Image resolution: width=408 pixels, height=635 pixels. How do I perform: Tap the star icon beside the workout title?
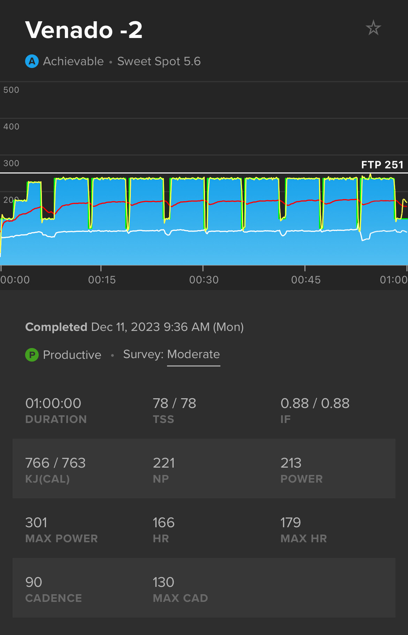(373, 28)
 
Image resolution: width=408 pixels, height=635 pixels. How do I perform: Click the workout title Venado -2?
(84, 30)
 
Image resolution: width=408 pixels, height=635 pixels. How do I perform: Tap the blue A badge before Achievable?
(32, 61)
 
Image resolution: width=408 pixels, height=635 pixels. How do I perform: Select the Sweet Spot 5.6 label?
(159, 61)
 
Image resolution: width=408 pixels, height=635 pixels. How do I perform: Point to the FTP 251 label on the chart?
(382, 165)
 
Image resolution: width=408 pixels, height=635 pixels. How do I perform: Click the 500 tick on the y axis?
(11, 90)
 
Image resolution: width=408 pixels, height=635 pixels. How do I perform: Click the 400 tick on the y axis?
(11, 127)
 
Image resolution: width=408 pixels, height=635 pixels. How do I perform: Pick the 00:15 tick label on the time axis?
(102, 280)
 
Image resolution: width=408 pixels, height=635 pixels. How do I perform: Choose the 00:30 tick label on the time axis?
(204, 280)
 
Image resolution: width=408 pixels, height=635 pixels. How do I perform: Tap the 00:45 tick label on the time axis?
(306, 280)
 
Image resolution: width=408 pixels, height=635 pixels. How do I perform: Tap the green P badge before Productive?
(32, 355)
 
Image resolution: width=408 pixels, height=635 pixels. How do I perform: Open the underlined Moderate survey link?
(194, 354)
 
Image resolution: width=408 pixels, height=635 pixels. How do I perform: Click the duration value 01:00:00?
(53, 403)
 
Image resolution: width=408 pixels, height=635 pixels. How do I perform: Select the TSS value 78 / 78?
(174, 403)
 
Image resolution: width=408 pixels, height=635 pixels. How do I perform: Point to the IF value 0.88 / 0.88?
(315, 403)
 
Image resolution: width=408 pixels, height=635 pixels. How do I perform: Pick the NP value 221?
(164, 463)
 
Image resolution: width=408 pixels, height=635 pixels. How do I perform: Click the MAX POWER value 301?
(36, 523)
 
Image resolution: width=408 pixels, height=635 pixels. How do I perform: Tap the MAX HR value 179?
(290, 523)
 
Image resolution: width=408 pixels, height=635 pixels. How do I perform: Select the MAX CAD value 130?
(164, 582)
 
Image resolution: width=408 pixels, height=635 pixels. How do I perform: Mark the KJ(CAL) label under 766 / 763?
(47, 479)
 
